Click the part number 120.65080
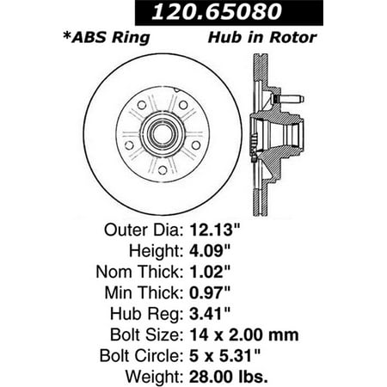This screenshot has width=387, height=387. pos(217,12)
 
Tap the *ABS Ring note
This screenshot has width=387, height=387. pos(107,38)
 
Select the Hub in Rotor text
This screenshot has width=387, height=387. pos(262,38)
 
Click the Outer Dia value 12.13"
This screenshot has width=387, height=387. pos(214,230)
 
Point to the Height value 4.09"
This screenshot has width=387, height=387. pos(210,250)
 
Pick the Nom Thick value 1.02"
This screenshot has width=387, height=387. pos(210,272)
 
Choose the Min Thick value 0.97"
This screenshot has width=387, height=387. pos(210,292)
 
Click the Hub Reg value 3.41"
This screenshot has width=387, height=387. pos(210,313)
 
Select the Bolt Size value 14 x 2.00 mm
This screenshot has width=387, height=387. pos(244,335)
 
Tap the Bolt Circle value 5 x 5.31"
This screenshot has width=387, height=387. pos(224,355)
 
